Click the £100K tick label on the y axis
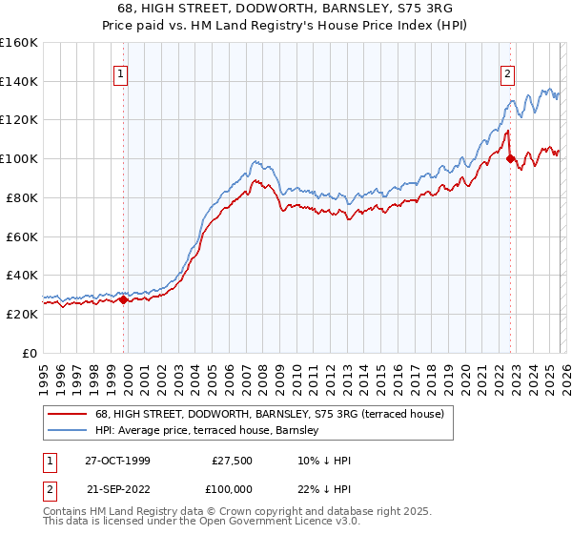pos(18,158)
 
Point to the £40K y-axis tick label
pos(21,275)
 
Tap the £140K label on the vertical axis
pos(18,81)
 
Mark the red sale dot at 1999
pos(124,299)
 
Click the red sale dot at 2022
pos(510,158)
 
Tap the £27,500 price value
pos(232,460)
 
